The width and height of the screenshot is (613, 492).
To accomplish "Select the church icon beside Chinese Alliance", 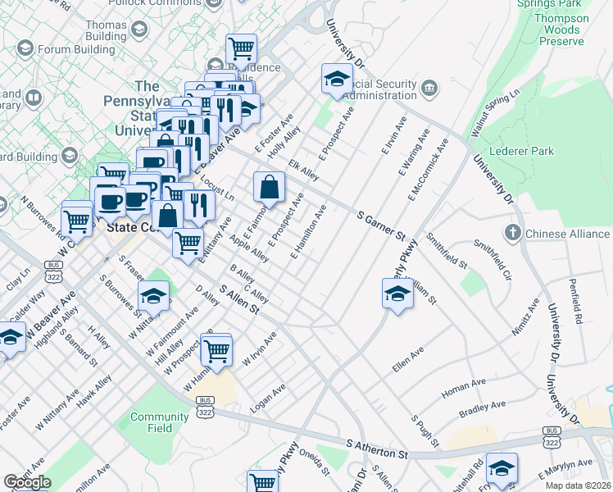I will click(513, 234).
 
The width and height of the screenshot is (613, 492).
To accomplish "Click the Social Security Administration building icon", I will click(429, 88).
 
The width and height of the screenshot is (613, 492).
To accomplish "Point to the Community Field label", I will click(160, 422).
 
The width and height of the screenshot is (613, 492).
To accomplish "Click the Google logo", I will click(27, 481).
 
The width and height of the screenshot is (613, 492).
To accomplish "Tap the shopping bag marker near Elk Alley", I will click(269, 189).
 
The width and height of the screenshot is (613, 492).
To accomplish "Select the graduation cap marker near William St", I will click(397, 295).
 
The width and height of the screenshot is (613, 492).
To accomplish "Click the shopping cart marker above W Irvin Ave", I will click(216, 350).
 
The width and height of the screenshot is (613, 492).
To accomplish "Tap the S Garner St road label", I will click(381, 225).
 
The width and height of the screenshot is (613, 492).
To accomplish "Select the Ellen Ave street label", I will click(408, 358).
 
